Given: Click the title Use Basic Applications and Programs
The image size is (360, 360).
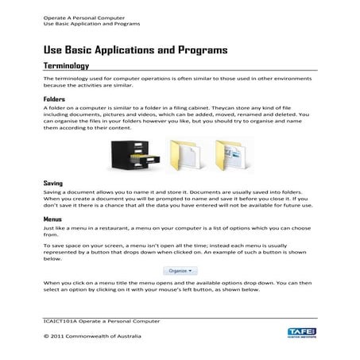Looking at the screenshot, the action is click(136, 49).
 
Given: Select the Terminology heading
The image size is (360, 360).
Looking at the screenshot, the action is click(67, 66).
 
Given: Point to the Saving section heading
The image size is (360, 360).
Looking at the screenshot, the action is click(53, 184).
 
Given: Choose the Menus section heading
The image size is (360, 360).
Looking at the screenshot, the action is click(54, 218).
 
